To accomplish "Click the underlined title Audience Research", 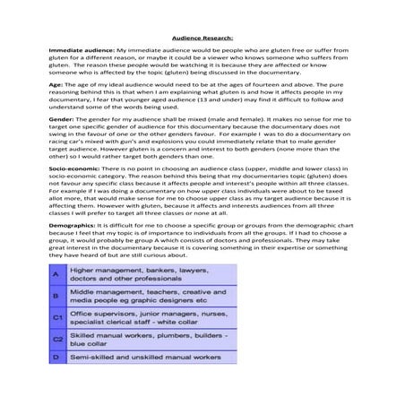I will coord(202,38).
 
